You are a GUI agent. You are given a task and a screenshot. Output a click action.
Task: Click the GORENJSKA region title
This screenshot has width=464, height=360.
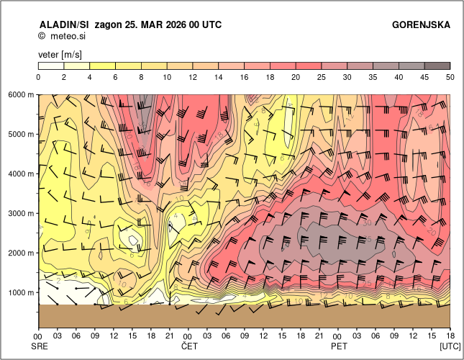tap(421, 24)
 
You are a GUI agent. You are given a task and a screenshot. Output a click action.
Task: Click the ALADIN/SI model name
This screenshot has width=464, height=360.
tap(64, 24)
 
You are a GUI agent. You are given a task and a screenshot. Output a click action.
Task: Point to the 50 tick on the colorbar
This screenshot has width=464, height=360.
tap(450, 76)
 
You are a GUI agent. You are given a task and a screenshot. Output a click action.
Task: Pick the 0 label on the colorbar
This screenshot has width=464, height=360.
tap(38, 76)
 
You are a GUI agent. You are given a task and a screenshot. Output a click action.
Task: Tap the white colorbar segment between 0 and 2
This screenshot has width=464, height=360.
tap(51, 66)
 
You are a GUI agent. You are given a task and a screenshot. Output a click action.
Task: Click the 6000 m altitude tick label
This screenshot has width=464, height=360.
tap(21, 94)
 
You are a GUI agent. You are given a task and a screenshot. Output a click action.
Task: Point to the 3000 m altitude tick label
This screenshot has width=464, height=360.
tap(21, 214)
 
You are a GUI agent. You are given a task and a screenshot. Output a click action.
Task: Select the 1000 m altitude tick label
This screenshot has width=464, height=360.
tap(21, 293)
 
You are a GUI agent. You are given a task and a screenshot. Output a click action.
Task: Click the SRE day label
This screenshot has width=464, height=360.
tap(38, 346)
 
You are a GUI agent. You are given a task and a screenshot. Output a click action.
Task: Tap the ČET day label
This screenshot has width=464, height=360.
tap(188, 346)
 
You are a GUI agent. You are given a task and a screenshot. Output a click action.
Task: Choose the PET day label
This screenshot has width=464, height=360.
tap(338, 346)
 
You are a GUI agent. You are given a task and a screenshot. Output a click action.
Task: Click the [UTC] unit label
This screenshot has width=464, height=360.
tap(450, 346)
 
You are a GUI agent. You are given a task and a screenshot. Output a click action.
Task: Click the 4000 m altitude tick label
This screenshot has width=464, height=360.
tap(21, 174)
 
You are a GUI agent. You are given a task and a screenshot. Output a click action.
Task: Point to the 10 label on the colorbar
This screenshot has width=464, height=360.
tap(167, 76)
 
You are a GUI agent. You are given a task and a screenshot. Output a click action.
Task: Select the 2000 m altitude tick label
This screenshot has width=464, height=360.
tap(21, 253)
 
